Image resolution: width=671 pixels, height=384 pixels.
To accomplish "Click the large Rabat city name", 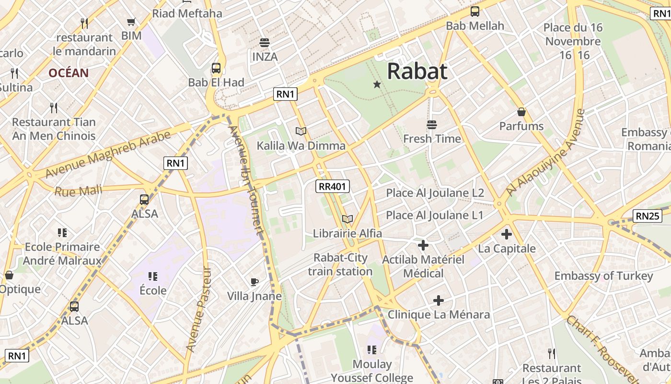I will (x=417, y=71).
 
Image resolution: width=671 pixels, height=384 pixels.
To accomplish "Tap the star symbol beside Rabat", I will (x=377, y=84).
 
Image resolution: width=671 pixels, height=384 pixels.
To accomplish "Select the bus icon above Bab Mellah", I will (x=475, y=12).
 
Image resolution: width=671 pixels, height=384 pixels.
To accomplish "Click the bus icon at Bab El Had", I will (x=216, y=68).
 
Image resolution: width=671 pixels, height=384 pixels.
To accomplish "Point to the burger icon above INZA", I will (x=264, y=42).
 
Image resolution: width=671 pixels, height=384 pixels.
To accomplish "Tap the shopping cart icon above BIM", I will (x=131, y=22).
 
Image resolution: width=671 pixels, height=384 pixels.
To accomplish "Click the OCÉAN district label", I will (x=69, y=73).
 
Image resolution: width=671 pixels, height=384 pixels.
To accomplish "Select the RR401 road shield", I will (x=333, y=186).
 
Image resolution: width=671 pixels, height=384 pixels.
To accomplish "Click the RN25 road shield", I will (x=647, y=216).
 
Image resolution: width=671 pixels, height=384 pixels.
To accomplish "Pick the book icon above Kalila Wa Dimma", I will (x=301, y=131).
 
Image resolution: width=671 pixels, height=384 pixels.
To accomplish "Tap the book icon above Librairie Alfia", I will (x=347, y=219).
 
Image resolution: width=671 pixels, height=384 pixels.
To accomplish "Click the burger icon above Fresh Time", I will (x=432, y=125).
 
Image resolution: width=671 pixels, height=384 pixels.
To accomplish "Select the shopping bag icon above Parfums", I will (x=521, y=112).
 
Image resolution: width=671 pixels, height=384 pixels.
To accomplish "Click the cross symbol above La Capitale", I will (x=506, y=234).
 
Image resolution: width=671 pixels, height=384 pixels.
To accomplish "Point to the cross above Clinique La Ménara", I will (x=438, y=300).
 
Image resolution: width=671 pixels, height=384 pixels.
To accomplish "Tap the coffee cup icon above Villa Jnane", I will (x=254, y=282).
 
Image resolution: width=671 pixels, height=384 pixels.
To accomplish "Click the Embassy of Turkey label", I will (x=603, y=276).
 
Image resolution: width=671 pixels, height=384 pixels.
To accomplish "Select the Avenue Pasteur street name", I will (x=198, y=310).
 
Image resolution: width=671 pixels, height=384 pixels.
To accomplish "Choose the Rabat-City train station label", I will (x=340, y=264).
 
